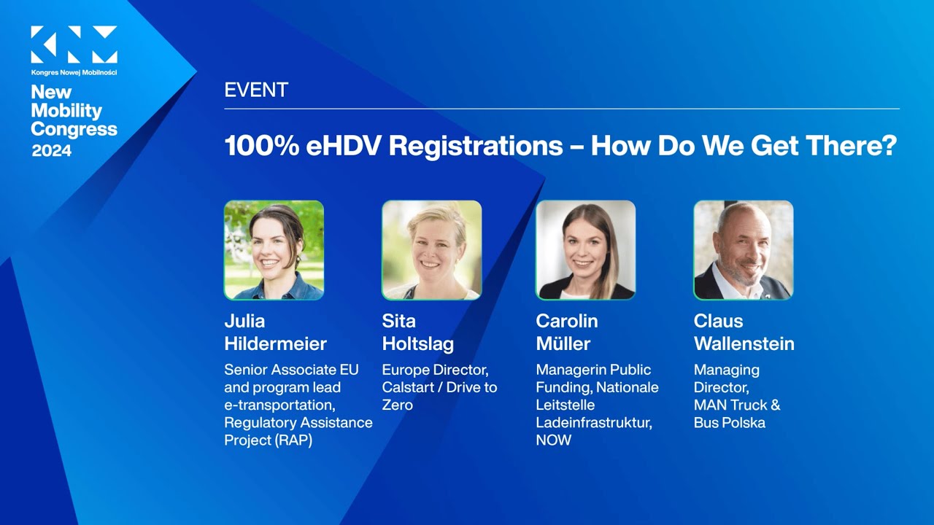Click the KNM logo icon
(x=74, y=44)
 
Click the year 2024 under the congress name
(x=52, y=151)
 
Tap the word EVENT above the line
(x=256, y=90)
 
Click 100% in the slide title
(x=260, y=146)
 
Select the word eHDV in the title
(x=343, y=146)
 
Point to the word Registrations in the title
(x=476, y=146)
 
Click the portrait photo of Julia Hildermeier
(x=274, y=250)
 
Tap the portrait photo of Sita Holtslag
(x=432, y=250)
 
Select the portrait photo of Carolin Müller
(x=586, y=250)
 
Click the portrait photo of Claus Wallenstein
(x=743, y=250)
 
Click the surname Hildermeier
(x=275, y=344)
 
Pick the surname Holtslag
(x=418, y=344)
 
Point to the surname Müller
(x=563, y=344)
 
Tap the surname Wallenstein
(x=744, y=344)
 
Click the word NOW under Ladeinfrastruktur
(x=554, y=440)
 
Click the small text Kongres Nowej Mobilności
(x=74, y=72)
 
